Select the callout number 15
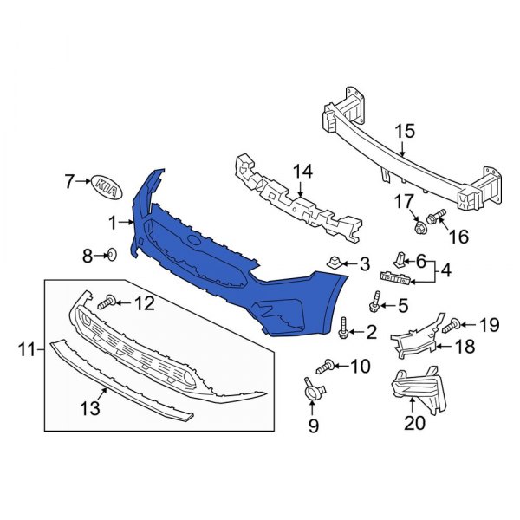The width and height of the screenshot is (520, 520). (x=406, y=132)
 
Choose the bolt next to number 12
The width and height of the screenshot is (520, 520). (x=107, y=302)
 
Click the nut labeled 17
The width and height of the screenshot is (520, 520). (x=419, y=227)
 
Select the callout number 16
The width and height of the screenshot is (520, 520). (x=458, y=236)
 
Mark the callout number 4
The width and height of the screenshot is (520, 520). (x=445, y=270)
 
